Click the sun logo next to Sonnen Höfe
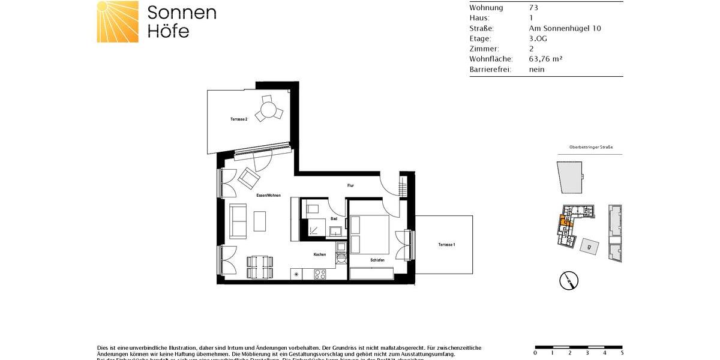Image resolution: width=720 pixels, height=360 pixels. tap(118, 22)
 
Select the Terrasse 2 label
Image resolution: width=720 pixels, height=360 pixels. tap(239, 119)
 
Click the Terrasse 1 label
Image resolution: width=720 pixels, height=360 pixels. tap(446, 245)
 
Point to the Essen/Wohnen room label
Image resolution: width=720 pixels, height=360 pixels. tap(268, 196)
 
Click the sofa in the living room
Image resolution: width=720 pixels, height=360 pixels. tap(238, 221)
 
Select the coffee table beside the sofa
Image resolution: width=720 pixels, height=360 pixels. tap(260, 221)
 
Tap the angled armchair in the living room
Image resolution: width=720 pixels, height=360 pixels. tap(248, 178)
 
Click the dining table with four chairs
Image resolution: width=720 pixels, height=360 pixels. tap(260, 267)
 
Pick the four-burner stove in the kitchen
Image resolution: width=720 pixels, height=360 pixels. tap(320, 275)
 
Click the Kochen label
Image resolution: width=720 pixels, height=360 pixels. tap(320, 254)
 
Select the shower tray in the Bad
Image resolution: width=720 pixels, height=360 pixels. tap(313, 229)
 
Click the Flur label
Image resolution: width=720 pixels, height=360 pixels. tap(350, 185)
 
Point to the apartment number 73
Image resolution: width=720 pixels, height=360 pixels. tap(533, 8)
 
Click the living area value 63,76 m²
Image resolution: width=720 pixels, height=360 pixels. tap(545, 59)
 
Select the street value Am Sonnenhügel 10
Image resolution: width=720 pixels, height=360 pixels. tap(565, 28)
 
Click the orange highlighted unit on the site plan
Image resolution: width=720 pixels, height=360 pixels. tap(565, 222)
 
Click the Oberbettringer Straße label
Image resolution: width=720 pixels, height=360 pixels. tap(590, 147)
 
